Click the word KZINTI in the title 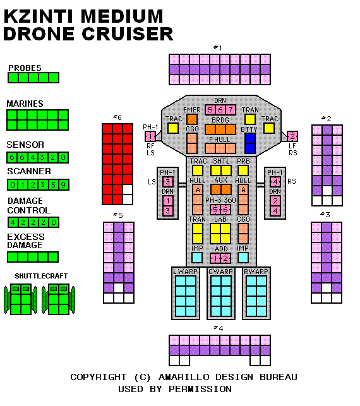click(38, 16)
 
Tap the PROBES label click(25, 68)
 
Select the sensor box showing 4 click(33, 157)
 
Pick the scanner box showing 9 click(63, 185)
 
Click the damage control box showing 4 click(13, 222)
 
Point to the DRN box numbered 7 click(231, 110)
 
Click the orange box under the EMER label click(192, 119)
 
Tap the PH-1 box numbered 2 click(292, 136)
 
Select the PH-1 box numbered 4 click(275, 182)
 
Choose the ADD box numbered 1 click(215, 258)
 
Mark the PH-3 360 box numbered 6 click(225, 210)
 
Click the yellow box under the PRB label click(243, 170)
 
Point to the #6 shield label click(117, 117)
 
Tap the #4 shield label click(219, 328)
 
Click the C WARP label click(220, 272)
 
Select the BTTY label click(249, 129)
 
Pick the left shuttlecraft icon click(21, 299)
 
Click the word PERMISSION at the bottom click(200, 389)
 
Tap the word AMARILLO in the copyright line click(184, 377)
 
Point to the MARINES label click(25, 104)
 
